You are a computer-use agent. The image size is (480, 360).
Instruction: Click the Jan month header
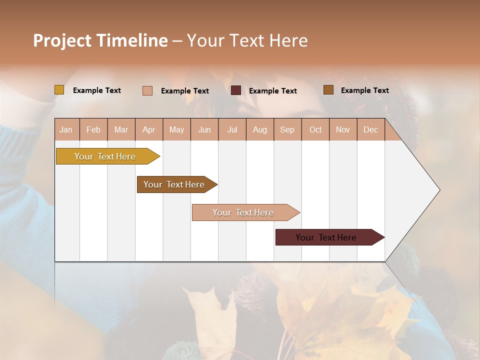66,129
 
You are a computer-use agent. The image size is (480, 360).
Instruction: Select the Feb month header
93,129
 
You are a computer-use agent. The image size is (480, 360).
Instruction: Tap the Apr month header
149,129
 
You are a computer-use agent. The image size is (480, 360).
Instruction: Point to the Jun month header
204,129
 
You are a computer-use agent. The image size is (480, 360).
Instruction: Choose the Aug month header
260,129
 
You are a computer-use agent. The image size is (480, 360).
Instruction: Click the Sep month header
287,129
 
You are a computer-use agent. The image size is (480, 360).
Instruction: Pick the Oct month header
315,129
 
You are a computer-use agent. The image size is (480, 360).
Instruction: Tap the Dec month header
371,129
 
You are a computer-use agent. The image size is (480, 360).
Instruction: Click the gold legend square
59,90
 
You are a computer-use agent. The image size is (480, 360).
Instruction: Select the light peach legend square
147,90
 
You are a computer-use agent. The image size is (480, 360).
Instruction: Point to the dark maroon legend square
236,90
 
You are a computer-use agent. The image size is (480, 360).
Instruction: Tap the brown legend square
328,90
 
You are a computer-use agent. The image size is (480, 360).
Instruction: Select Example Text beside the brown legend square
364,90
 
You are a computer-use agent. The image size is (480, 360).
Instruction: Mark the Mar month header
121,129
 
